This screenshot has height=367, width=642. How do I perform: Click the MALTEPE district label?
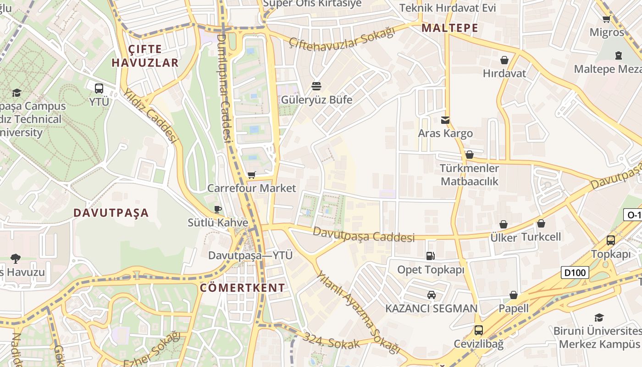(x=450, y=28)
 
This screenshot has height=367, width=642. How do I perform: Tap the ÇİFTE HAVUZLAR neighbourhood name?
(x=145, y=56)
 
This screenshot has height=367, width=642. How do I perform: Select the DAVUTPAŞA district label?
(x=111, y=213)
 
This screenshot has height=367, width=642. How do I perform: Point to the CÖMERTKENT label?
(x=243, y=288)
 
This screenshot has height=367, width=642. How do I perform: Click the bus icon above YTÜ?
(x=99, y=89)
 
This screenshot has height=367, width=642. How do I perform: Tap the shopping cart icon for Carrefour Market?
(x=251, y=175)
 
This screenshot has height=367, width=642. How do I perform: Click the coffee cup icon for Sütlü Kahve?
(x=218, y=210)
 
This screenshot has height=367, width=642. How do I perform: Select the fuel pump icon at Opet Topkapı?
(x=430, y=256)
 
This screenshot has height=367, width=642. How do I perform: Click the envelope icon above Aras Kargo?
(x=445, y=120)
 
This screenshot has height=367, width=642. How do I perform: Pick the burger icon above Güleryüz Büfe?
(x=316, y=86)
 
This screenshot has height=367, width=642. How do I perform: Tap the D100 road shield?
(x=575, y=273)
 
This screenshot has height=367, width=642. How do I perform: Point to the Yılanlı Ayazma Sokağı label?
(x=358, y=312)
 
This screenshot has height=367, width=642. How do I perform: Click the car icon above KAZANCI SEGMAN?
(x=431, y=295)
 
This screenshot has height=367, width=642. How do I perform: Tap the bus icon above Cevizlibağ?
(x=478, y=330)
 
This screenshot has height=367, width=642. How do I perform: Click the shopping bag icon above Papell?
(x=514, y=295)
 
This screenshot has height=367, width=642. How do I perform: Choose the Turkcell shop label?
(x=541, y=237)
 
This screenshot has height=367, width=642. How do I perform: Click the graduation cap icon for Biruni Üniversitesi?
(x=599, y=317)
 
